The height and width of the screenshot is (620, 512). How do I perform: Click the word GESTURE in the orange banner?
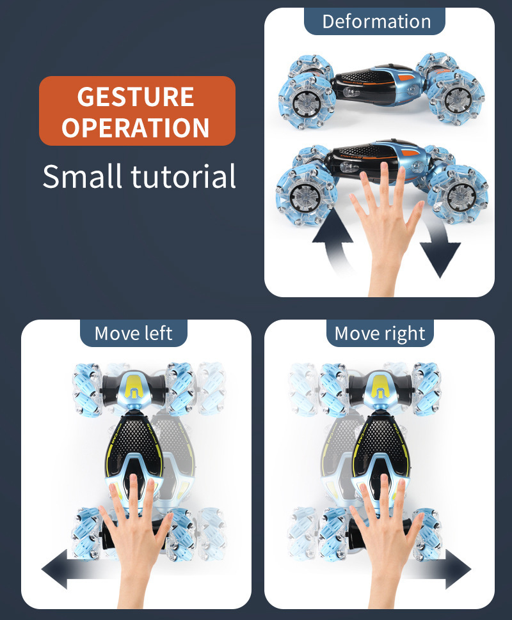pos(136,97)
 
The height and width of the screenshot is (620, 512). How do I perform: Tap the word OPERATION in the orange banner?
pos(136,127)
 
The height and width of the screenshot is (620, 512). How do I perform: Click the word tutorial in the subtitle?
pos(183,176)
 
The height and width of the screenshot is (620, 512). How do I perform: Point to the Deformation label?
pos(376,21)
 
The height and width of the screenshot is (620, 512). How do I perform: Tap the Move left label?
pos(134,333)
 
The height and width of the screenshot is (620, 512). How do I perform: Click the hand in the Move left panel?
pos(134,538)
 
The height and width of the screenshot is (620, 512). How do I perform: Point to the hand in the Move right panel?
pos(384,538)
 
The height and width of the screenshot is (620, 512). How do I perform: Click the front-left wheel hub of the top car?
pos(307,102)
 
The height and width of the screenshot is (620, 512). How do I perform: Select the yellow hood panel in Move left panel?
pos(134,387)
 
